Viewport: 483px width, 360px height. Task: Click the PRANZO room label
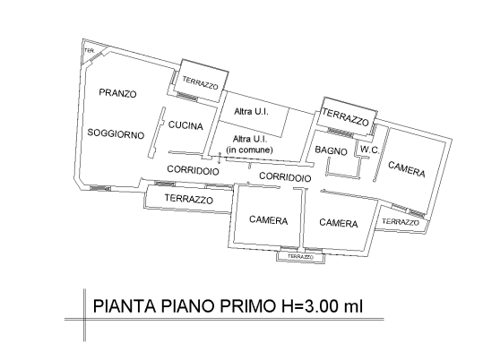pos(117,93)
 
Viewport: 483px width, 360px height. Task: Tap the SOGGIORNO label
pos(116,133)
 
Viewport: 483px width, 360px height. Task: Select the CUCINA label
pos(185,126)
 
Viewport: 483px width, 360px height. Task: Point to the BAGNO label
pos(331,150)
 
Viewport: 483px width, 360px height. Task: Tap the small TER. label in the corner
pos(89,50)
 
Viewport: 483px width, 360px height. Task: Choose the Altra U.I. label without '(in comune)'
pos(250,110)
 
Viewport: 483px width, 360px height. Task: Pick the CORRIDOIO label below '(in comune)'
pos(285,178)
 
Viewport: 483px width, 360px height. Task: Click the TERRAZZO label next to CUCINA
pos(200,83)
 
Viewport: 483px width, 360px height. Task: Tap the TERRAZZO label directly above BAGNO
pos(346,118)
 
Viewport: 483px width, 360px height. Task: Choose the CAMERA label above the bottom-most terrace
pos(268,220)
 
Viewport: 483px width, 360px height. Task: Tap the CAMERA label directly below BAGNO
pos(339,223)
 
